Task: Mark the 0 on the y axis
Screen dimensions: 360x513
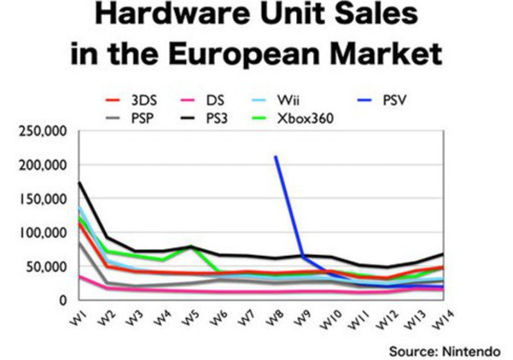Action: pyautogui.click(x=63, y=300)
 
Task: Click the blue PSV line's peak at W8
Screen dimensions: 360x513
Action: pyautogui.click(x=275, y=156)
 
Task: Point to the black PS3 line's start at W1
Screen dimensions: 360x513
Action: pyautogui.click(x=79, y=182)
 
